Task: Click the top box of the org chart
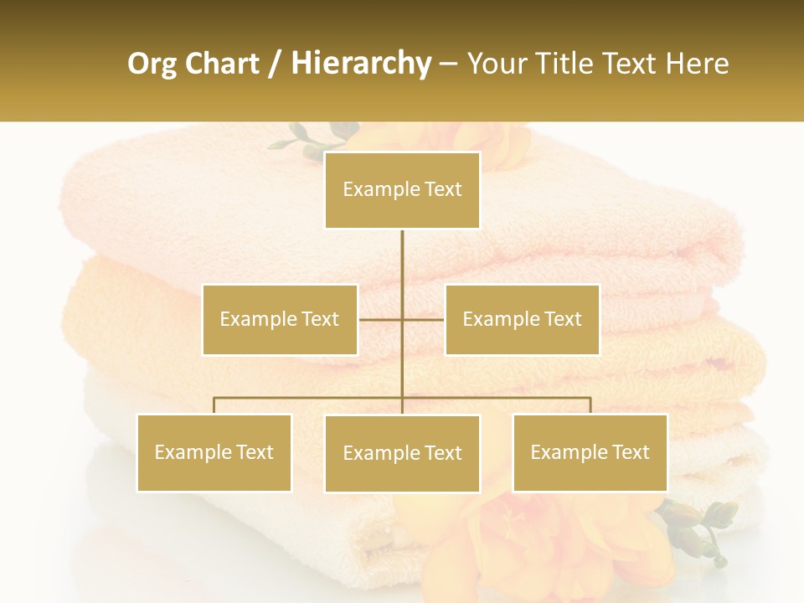click(402, 190)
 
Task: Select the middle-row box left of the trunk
click(280, 319)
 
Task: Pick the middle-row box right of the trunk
click(522, 319)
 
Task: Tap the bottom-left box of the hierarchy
click(214, 452)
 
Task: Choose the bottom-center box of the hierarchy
click(402, 453)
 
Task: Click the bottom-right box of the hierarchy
click(590, 452)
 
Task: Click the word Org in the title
click(152, 64)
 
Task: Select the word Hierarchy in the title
click(361, 64)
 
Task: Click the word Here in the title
click(697, 64)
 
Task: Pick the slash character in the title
click(275, 64)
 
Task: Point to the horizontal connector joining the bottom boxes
click(310, 398)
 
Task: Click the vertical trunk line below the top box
click(402, 268)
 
